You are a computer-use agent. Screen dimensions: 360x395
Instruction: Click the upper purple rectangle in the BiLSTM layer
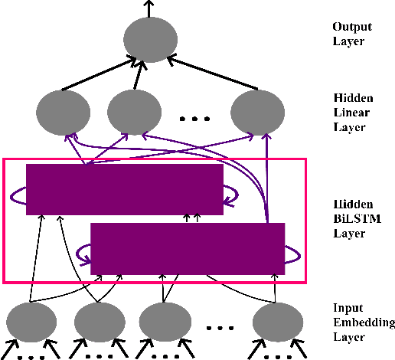pyautogui.click(x=124, y=188)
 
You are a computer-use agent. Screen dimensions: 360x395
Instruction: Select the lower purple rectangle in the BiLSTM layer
pyautogui.click(x=188, y=248)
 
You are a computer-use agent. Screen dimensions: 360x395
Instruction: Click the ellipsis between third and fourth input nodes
pyautogui.click(x=220, y=327)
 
